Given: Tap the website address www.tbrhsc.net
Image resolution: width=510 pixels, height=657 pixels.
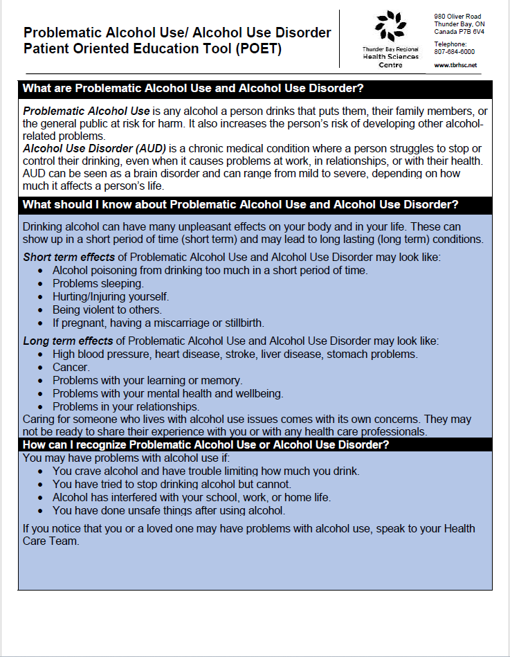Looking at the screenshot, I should (x=455, y=65).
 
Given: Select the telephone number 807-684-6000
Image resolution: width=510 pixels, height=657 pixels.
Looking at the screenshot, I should (x=454, y=52).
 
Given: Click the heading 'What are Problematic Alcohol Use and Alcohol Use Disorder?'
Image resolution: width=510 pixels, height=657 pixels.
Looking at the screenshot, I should (x=193, y=89).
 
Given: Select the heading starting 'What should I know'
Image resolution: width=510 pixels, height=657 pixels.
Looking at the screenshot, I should (x=240, y=205).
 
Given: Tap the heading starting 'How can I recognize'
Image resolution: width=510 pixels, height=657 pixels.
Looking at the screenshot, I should (x=206, y=444).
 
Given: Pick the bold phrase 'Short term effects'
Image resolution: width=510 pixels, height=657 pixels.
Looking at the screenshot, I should (x=69, y=258).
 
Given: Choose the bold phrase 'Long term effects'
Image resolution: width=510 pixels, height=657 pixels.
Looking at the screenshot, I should (x=68, y=341).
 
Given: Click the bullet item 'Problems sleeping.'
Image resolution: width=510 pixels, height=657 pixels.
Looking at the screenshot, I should (x=98, y=284).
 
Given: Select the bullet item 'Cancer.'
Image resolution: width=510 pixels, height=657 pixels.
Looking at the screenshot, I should (x=71, y=368).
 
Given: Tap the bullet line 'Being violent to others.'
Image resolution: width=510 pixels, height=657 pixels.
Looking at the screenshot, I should (x=107, y=310).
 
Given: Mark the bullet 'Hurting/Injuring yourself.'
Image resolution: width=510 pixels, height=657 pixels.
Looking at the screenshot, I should (x=111, y=297).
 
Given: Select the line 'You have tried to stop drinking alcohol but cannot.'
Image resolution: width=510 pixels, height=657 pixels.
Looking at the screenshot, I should (x=172, y=485).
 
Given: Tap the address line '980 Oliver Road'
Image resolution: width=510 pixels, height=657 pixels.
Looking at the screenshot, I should (x=457, y=16).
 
